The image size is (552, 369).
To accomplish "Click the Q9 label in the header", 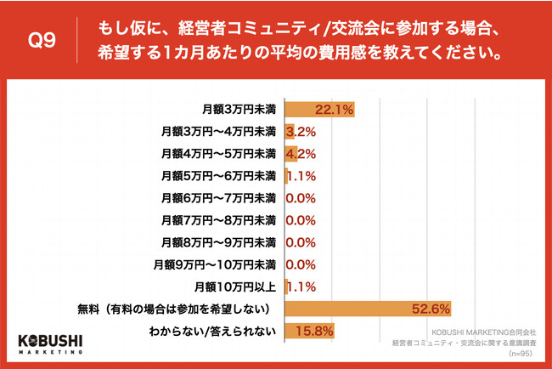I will coord(42,40).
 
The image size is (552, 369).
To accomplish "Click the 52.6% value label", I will coord(430,309).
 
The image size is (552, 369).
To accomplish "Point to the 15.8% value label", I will coord(314,331).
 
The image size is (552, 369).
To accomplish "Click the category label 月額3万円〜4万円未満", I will coord(219,132).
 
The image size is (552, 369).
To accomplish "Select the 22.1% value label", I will coord(333,110).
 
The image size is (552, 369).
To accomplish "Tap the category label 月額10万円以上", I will coord(235,287).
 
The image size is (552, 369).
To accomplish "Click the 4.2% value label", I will coord(303,154).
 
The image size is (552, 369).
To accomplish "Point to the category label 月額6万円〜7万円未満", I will coord(219,198).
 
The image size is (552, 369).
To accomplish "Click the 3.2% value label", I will coord(303,132).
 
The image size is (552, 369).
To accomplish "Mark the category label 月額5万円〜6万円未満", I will coord(219,176).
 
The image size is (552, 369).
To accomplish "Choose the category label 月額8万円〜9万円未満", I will coord(219,242).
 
